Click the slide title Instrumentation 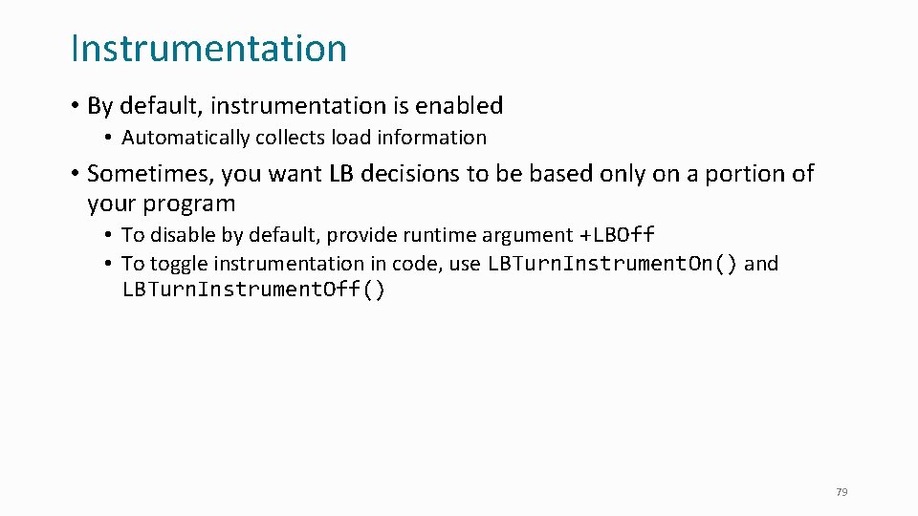click(208, 49)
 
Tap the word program click(187, 204)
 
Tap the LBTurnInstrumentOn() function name click(612, 264)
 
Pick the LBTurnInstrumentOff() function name click(253, 290)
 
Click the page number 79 click(841, 492)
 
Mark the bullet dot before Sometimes click(74, 174)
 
